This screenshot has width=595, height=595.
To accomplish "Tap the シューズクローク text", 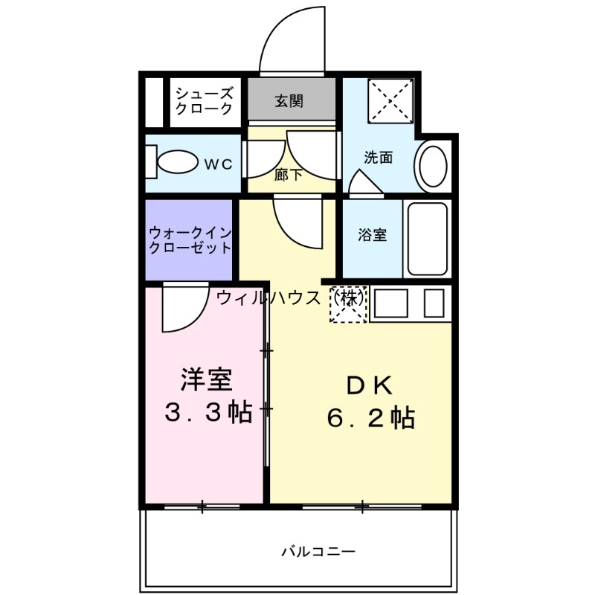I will point(204,100).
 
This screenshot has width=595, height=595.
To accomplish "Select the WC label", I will point(219,164).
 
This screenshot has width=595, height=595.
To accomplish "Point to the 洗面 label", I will point(378,158).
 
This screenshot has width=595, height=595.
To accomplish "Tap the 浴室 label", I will point(372,235).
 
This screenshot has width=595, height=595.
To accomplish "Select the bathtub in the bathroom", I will point(427,239).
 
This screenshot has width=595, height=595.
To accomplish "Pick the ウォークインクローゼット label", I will point(190,239).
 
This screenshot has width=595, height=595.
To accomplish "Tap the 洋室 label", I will point(207,380).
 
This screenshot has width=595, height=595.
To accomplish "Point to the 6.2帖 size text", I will point(370,419).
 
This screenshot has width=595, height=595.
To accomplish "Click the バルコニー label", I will point(318,552).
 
